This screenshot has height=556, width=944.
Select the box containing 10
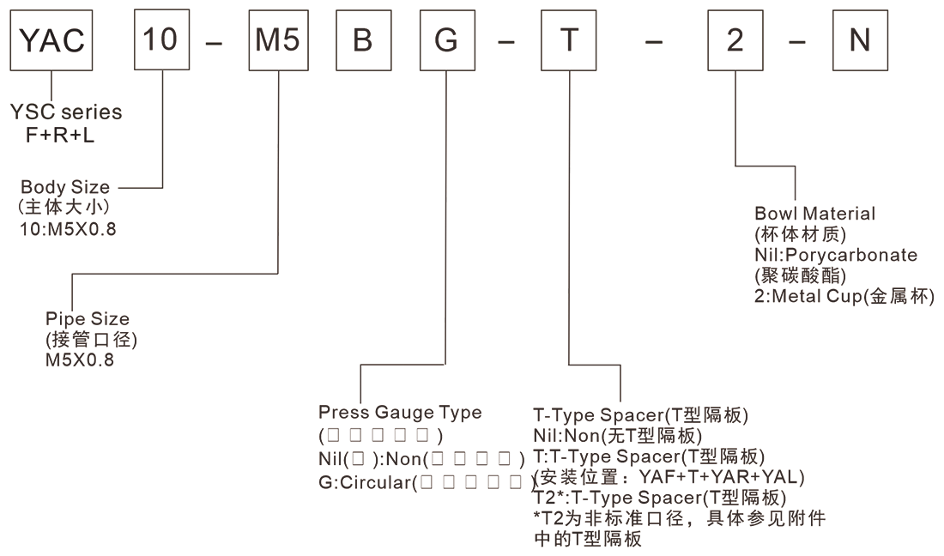click(161, 40)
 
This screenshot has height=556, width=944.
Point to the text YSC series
click(66, 112)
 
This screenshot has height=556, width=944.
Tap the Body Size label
click(65, 187)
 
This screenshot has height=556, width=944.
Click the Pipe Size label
click(88, 319)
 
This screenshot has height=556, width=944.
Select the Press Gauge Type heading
click(400, 412)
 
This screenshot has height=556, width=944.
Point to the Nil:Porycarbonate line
click(836, 255)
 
